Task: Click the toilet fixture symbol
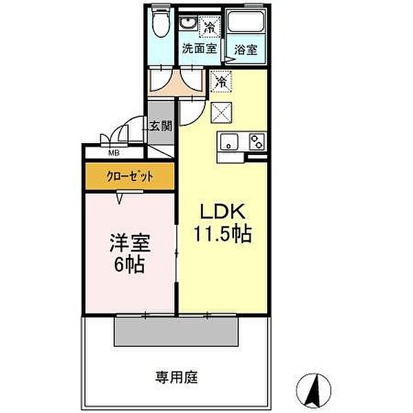(x=161, y=23)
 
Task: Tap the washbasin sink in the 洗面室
(x=188, y=23)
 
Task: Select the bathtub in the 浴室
(x=246, y=21)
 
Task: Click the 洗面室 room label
(x=200, y=48)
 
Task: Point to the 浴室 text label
(x=246, y=50)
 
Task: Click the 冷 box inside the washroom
(x=210, y=27)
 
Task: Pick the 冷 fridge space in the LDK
(x=221, y=81)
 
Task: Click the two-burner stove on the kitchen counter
(x=257, y=141)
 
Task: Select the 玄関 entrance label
(x=160, y=126)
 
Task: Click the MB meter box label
(x=114, y=153)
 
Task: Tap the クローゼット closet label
(x=129, y=176)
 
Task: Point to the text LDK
(x=223, y=211)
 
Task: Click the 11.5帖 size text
(x=223, y=233)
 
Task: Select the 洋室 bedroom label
(x=130, y=243)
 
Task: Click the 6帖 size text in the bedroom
(x=129, y=264)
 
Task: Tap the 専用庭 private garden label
(x=176, y=377)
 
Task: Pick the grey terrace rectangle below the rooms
(x=176, y=331)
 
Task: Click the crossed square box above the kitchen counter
(x=221, y=112)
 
